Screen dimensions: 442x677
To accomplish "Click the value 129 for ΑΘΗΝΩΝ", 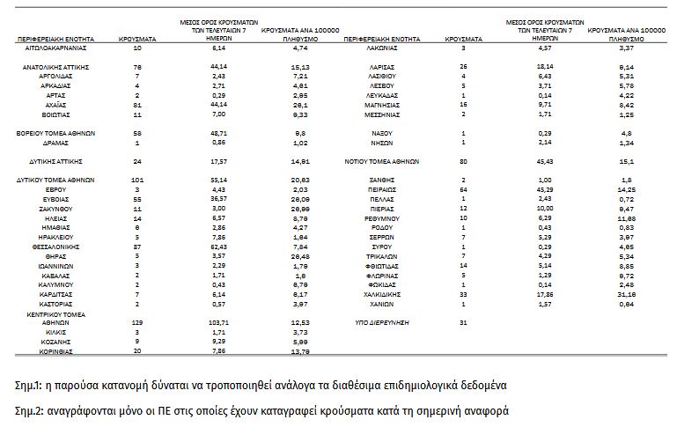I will coord(136,323).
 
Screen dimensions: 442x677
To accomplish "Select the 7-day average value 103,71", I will coord(210,323).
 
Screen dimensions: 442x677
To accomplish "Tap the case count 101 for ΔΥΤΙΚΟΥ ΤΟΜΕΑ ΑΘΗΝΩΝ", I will coord(136,179).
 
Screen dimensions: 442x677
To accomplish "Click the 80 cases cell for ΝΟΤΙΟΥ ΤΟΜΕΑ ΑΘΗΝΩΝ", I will coord(462,162).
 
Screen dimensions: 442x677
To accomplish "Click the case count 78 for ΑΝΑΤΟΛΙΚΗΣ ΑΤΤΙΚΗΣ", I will coord(136,66).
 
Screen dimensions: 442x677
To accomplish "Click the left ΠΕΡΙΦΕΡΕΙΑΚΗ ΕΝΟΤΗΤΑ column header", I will coord(54,40).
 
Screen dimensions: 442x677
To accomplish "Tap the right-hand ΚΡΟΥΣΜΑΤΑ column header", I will coord(462,40).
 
